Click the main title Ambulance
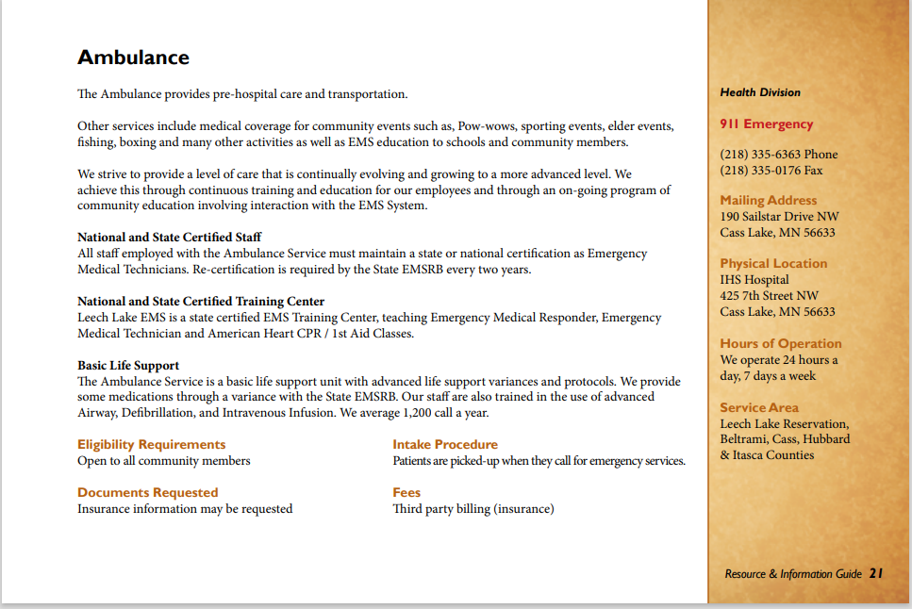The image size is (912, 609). click(x=133, y=58)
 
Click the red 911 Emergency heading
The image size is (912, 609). click(x=766, y=124)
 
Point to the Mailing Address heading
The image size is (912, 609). click(x=768, y=200)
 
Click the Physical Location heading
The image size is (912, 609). click(x=773, y=264)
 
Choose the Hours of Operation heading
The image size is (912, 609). click(x=780, y=344)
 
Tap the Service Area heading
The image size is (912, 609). click(x=758, y=408)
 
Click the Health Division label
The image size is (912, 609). click(x=759, y=92)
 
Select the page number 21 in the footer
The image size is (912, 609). click(x=876, y=573)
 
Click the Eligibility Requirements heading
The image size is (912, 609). click(x=151, y=444)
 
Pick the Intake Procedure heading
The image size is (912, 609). click(x=445, y=444)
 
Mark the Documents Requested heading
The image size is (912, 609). click(x=147, y=492)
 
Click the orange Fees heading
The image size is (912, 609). click(x=406, y=492)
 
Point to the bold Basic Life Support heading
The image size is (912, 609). click(x=128, y=365)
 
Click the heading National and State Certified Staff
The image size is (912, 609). click(x=169, y=237)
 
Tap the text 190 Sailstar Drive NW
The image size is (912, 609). click(x=778, y=217)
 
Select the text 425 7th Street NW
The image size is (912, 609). click(x=768, y=296)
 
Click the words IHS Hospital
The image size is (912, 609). click(x=754, y=280)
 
